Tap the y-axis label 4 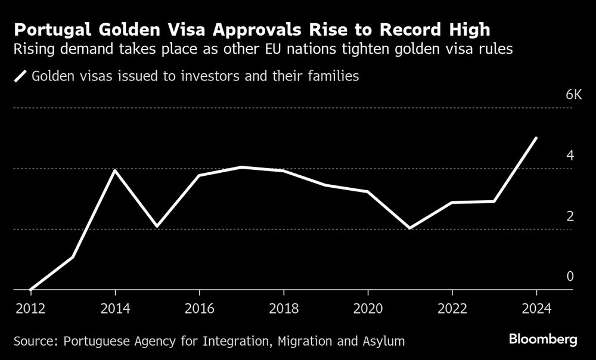(570, 156)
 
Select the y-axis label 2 (570, 216)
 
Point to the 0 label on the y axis (570, 277)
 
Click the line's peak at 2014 (114, 170)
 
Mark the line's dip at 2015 (157, 226)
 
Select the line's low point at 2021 (411, 228)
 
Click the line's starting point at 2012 (30, 290)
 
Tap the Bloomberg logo (543, 340)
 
